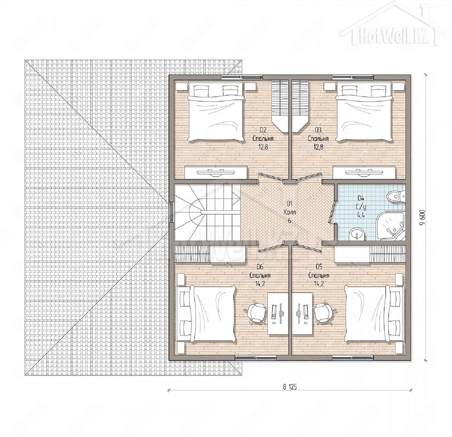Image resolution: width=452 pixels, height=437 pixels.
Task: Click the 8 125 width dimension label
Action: click(x=290, y=387)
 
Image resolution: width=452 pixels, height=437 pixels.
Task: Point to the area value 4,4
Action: click(x=361, y=215)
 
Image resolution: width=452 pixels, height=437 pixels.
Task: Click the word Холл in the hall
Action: click(x=290, y=212)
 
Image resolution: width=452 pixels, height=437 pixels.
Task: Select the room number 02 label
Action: click(x=263, y=130)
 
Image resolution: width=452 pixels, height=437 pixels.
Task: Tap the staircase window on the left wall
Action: click(x=171, y=212)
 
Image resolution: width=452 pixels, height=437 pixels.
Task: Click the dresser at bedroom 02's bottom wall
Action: click(x=216, y=172)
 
